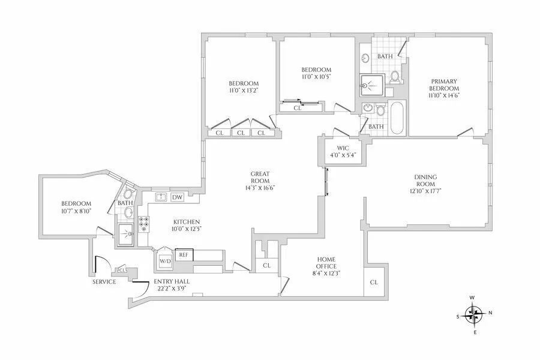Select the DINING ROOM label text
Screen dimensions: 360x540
pyautogui.click(x=425, y=181)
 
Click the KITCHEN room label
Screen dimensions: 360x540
pyautogui.click(x=186, y=221)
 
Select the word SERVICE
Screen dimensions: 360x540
pyautogui.click(x=104, y=281)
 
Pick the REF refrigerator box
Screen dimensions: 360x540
pyautogui.click(x=184, y=254)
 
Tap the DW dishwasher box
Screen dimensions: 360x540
pyautogui.click(x=177, y=197)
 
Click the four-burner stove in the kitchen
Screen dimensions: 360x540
pyautogui.click(x=144, y=224)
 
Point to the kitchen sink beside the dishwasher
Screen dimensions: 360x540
pyautogui.click(x=160, y=197)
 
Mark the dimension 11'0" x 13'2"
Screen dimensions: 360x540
pyautogui.click(x=243, y=91)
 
